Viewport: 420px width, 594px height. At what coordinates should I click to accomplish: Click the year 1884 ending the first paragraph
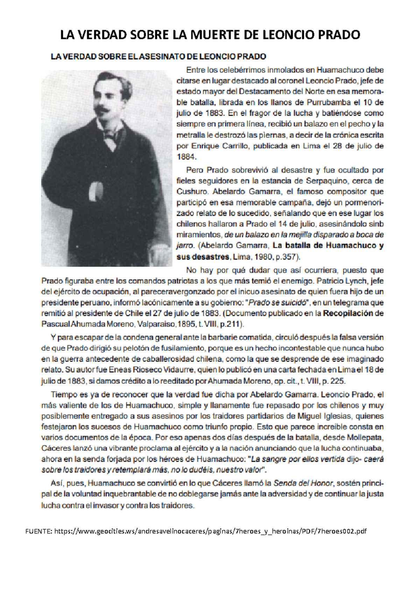pyautogui.click(x=184, y=156)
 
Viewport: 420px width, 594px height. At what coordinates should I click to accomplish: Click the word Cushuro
pyautogui.click(x=192, y=192)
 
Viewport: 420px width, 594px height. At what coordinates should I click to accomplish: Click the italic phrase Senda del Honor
pyautogui.click(x=303, y=483)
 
